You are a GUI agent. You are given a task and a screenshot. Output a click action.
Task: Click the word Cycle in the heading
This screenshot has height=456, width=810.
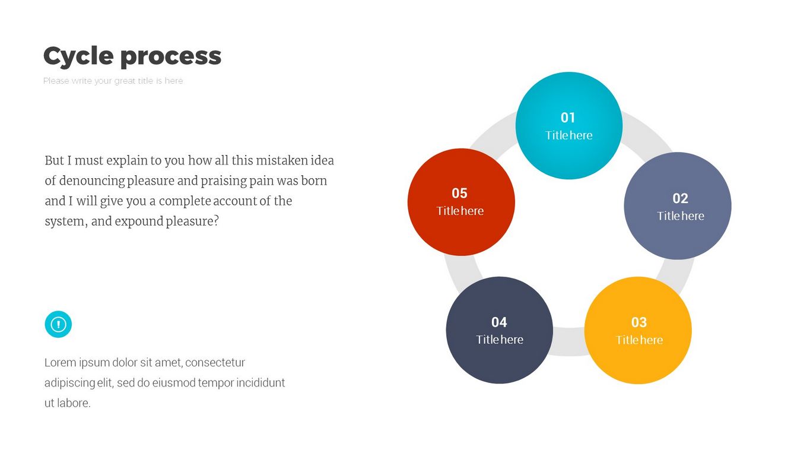[x=78, y=56]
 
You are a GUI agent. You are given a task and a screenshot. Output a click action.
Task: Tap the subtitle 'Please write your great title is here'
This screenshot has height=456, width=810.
[x=113, y=81]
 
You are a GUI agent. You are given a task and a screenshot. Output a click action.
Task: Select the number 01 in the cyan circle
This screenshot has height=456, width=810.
[x=568, y=118]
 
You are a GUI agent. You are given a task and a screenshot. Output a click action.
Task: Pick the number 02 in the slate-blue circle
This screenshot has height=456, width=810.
[x=680, y=198]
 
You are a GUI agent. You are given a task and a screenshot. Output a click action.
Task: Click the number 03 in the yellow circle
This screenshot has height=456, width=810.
[x=639, y=322]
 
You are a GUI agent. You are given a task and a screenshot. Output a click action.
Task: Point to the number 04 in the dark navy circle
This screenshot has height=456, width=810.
[x=499, y=322]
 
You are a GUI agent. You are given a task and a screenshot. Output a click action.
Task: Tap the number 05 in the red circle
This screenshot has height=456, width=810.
[x=460, y=193]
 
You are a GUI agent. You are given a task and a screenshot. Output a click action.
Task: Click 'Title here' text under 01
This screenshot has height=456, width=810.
[x=569, y=135]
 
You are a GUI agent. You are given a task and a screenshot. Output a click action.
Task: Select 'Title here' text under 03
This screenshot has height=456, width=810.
[x=639, y=340]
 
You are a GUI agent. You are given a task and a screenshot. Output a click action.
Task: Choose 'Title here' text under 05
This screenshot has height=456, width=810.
[x=460, y=211]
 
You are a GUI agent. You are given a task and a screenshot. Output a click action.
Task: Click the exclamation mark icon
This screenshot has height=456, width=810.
[x=58, y=324]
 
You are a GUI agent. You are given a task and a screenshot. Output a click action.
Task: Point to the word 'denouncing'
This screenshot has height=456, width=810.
[x=91, y=181]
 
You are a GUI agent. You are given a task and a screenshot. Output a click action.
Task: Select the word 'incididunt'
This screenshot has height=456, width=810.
[x=261, y=382]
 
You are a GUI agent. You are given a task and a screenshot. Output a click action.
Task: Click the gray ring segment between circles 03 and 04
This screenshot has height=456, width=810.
[x=569, y=341]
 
